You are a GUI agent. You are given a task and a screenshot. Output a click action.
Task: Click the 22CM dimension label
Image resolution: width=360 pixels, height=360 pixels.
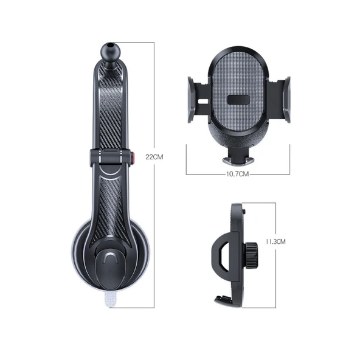point(154,156)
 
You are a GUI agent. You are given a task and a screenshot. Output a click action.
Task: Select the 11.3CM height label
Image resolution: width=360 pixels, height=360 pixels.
point(275,241)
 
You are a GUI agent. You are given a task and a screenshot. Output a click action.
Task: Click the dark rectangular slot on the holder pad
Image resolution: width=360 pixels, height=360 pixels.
point(238,101)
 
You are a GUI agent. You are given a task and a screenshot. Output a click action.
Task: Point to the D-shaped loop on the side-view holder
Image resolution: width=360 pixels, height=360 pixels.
point(221,254)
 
